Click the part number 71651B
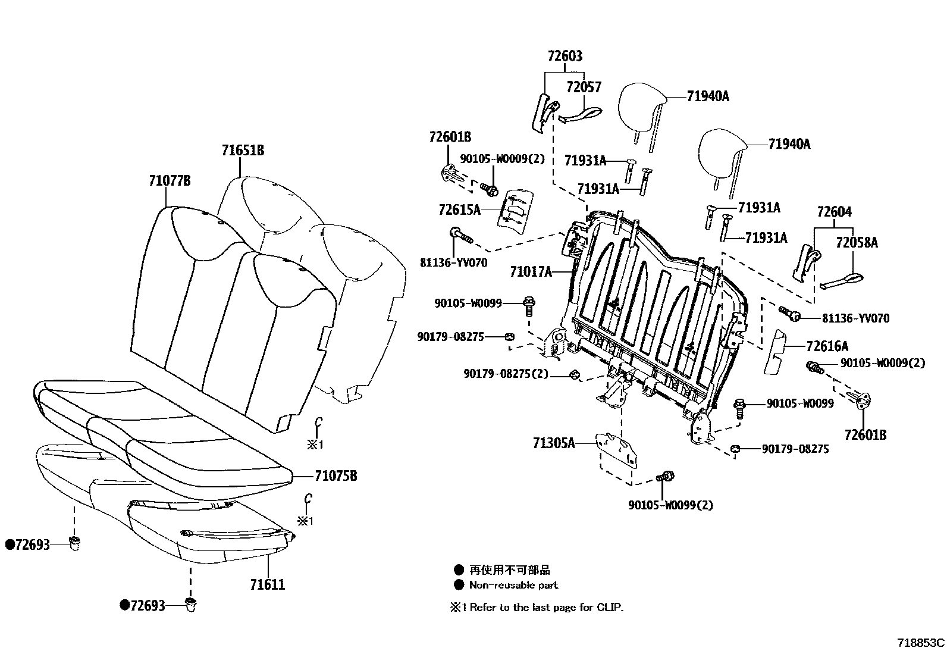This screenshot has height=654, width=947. [243, 151]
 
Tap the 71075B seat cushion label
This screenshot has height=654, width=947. [335, 475]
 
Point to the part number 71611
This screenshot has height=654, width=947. [267, 584]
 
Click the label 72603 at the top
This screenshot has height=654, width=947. [565, 56]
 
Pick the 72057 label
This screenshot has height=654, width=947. [584, 87]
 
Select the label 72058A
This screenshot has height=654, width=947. [857, 242]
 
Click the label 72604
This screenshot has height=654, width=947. [834, 211]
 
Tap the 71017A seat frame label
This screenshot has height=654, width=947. [531, 272]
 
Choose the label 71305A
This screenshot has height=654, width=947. [554, 443]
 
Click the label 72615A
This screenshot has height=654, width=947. [459, 209]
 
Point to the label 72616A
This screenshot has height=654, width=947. [827, 346]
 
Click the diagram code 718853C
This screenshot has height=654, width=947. [921, 643]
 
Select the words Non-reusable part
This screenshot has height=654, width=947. [513, 585]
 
